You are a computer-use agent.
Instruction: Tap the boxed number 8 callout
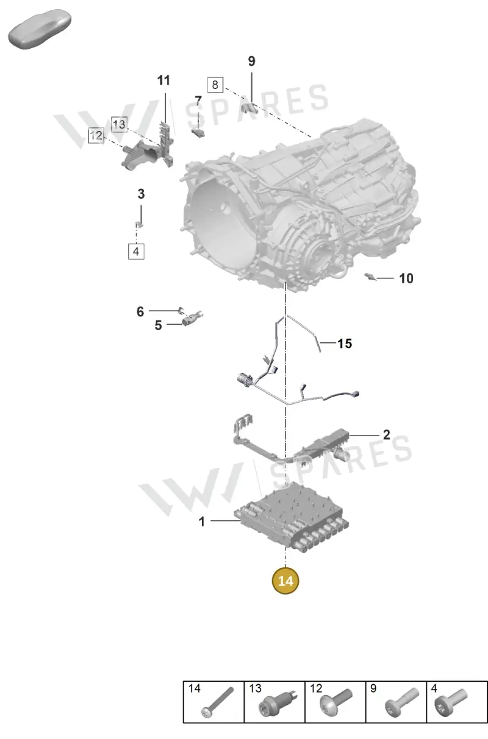tap(215, 85)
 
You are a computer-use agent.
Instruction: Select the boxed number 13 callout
tap(119, 124)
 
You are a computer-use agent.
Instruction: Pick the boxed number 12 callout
tap(96, 135)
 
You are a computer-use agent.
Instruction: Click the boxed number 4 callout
tap(136, 252)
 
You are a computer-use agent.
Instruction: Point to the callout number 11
tap(163, 80)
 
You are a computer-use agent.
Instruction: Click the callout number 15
tap(345, 344)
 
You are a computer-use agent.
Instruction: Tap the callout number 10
tap(406, 278)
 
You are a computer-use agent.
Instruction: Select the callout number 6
tap(140, 311)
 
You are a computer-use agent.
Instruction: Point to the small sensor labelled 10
tap(370, 277)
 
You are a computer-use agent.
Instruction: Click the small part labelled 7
tap(198, 133)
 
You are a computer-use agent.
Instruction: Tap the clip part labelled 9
tap(249, 107)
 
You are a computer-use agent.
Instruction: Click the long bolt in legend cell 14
tap(217, 701)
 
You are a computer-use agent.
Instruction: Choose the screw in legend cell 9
tap(402, 701)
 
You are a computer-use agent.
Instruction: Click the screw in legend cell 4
tap(451, 701)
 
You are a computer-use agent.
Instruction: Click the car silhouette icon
tap(40, 29)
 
